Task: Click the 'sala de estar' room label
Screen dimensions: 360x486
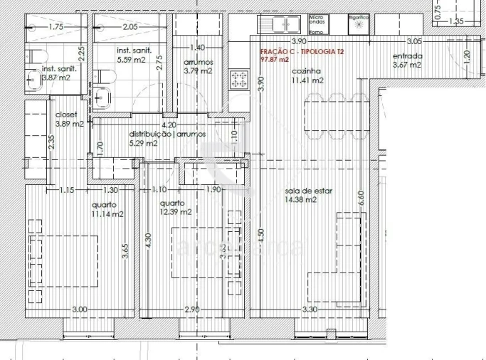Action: (308, 191)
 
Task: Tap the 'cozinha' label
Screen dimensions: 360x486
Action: (310, 72)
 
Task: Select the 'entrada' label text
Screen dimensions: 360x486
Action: (407, 56)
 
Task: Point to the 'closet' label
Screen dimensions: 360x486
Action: (66, 114)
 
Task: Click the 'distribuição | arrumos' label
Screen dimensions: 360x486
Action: (167, 134)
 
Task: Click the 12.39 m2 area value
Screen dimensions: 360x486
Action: (176, 212)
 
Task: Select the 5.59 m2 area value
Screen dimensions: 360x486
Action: (134, 60)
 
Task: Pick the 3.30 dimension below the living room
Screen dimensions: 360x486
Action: (308, 309)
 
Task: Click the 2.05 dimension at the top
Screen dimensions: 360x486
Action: (130, 27)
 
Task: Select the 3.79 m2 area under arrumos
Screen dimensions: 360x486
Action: (197, 71)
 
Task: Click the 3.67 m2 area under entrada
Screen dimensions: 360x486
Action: (406, 65)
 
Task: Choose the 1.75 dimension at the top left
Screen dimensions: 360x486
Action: (56, 27)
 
